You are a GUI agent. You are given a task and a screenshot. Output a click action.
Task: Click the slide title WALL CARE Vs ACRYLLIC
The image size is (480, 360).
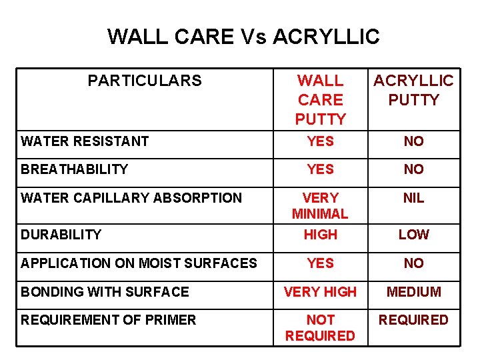243,36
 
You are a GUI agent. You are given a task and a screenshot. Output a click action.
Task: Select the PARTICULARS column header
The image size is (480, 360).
144,81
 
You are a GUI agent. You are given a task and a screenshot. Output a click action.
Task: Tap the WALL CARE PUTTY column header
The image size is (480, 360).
320,100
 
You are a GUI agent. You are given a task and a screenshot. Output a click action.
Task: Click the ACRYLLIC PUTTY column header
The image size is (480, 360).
413,91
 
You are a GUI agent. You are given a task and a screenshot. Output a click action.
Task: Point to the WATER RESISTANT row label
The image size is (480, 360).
85,141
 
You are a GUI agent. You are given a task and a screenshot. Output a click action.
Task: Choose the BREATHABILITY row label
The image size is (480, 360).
74,169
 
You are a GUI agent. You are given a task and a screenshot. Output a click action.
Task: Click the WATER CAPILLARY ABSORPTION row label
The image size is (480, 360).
131,198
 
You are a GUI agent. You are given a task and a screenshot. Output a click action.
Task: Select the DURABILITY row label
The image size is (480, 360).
61,235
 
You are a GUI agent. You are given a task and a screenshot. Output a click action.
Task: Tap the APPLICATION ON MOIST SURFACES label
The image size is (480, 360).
139,263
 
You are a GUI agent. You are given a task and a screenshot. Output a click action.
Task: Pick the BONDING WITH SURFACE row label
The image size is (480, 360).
105,292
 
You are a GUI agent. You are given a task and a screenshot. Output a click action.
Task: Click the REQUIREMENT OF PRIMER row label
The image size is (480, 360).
108,320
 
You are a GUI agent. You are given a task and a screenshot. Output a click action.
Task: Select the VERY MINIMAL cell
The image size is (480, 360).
320,206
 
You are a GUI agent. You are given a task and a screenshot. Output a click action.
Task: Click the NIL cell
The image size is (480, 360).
413,198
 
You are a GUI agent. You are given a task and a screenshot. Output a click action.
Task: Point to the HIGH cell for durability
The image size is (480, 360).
320,235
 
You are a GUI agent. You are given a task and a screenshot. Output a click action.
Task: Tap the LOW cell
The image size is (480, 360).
413,235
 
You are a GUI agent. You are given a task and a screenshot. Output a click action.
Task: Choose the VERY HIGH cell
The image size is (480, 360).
320,292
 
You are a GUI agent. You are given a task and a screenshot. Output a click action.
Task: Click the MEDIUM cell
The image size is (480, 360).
413,292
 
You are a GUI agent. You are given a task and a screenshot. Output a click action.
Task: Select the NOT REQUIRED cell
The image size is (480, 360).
320,328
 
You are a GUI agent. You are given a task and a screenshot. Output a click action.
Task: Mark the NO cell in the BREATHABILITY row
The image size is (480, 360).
413,169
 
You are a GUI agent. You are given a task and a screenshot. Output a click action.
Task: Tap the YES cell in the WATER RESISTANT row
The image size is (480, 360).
320,141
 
